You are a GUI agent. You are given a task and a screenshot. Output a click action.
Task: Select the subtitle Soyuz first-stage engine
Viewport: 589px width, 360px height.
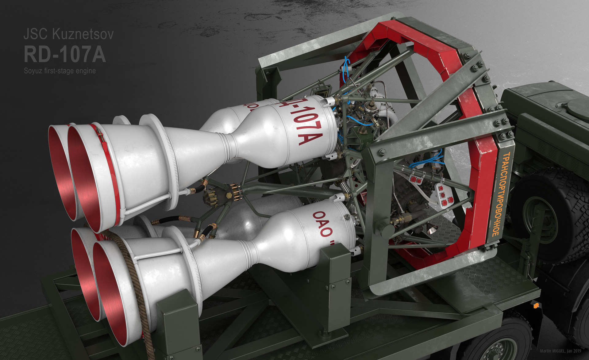(60, 71)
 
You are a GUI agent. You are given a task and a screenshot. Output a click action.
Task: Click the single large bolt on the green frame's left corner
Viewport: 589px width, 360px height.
(382, 151)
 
